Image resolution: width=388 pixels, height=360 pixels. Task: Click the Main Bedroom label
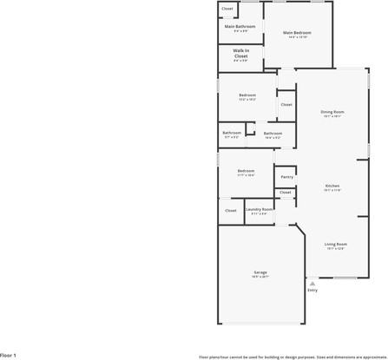297,33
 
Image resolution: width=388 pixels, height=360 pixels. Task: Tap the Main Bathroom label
240,26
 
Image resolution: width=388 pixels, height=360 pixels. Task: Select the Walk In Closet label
240,53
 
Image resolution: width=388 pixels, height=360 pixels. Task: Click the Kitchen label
332,187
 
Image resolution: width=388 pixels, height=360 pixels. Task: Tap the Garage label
260,272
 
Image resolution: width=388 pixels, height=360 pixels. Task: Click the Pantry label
286,177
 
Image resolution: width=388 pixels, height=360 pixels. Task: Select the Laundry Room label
259,209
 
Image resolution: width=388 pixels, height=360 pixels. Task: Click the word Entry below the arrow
312,290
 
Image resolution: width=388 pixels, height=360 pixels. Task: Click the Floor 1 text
9,355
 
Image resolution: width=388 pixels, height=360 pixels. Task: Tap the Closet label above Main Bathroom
227,9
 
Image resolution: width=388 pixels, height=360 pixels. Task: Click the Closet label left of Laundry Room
231,211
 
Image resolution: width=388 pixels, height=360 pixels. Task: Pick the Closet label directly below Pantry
286,193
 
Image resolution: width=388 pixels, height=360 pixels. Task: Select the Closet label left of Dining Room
286,104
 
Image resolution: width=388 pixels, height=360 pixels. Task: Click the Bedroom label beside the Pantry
246,171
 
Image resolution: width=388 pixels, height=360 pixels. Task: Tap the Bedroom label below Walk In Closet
247,95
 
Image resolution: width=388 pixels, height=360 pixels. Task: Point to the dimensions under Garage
260,277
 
